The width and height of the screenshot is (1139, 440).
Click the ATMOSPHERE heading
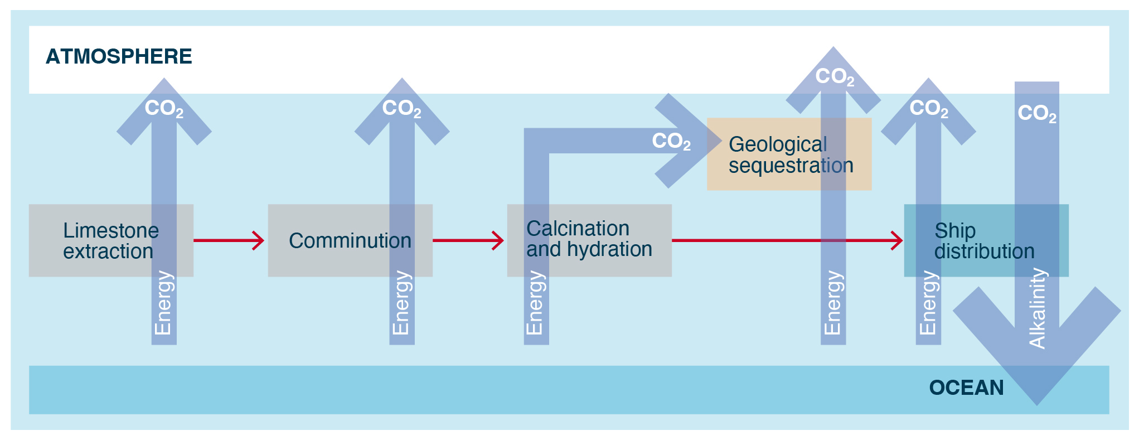(x=119, y=56)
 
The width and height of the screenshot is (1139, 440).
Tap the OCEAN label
(x=966, y=388)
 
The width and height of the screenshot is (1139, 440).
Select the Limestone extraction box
(x=110, y=240)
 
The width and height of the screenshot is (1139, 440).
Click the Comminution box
(x=350, y=240)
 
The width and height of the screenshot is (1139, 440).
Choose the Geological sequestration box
(x=789, y=154)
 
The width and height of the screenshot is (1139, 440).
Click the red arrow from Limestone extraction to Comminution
(x=229, y=240)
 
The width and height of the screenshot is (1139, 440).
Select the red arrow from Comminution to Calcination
(x=468, y=240)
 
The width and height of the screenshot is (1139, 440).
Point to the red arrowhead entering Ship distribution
(x=896, y=240)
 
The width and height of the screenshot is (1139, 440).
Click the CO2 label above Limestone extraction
(x=164, y=108)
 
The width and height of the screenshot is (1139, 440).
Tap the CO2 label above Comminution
(x=401, y=108)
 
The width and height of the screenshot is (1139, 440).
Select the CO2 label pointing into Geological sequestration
(x=671, y=141)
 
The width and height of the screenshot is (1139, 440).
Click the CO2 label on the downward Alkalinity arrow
(x=1037, y=113)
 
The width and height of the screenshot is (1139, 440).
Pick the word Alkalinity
(x=1037, y=308)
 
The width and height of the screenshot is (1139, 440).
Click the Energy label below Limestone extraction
(x=163, y=303)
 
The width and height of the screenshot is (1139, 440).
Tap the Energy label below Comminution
(x=401, y=303)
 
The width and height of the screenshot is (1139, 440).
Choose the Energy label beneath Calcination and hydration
(x=535, y=303)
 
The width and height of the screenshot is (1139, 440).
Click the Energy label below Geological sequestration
(x=832, y=303)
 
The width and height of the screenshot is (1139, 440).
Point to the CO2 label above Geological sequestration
(x=835, y=76)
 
